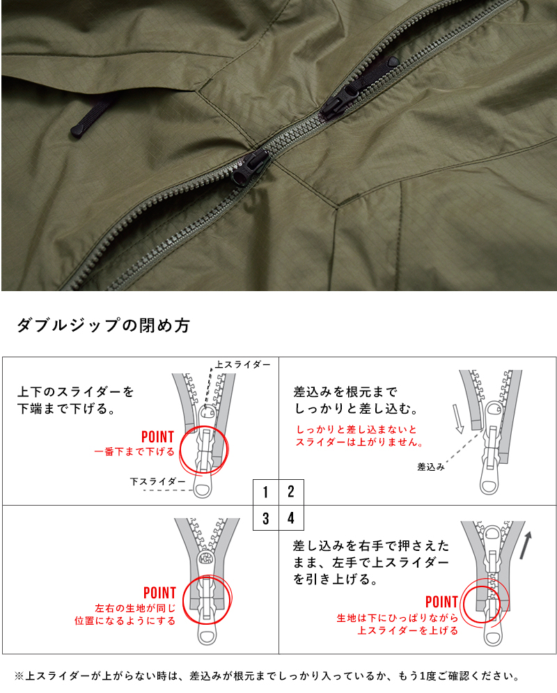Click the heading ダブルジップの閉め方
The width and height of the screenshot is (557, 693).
[102, 326]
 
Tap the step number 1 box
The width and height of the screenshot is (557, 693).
[266, 492]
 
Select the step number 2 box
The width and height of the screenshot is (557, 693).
[291, 492]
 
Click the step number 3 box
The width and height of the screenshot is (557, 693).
[266, 518]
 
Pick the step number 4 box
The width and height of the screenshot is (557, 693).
[291, 518]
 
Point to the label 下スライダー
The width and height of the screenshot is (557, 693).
[157, 481]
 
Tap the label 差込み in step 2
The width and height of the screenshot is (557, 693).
[431, 466]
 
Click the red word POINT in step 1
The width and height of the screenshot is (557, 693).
[157, 437]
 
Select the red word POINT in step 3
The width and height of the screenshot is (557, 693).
[159, 593]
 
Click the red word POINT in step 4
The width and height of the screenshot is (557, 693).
[441, 602]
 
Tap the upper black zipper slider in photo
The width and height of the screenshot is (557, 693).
[348, 94]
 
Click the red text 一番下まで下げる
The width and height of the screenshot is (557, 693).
[134, 452]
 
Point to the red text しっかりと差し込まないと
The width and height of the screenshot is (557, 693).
[356, 429]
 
